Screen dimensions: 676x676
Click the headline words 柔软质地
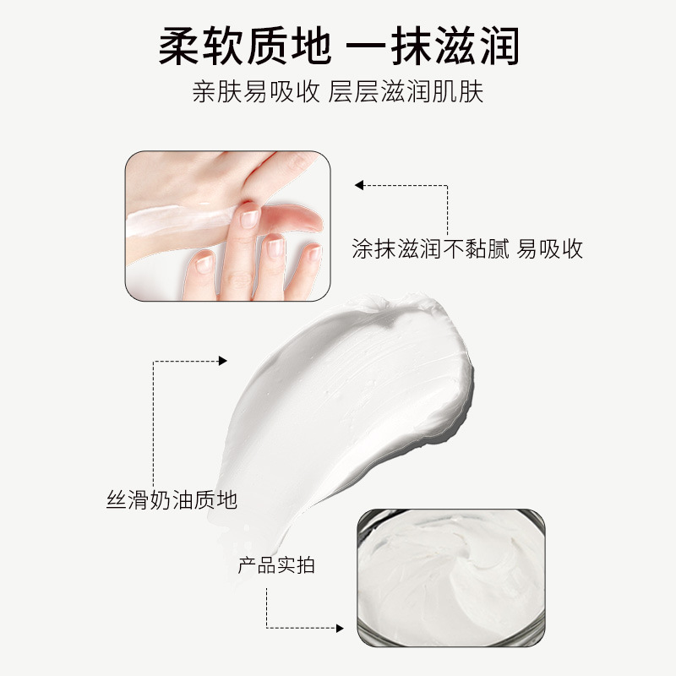[x=245, y=46]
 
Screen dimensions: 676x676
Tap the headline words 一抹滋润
[x=433, y=46]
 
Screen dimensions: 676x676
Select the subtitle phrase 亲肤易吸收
[x=256, y=91]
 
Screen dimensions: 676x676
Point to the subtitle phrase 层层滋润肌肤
[x=406, y=91]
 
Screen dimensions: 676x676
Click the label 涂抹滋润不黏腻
[x=431, y=248]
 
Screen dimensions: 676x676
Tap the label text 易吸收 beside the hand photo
[x=550, y=248]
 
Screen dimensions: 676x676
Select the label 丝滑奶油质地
[x=172, y=500]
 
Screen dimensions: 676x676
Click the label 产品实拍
[x=276, y=565]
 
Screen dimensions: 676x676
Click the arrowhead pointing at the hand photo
[x=358, y=185]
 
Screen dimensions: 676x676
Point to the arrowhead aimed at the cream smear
[x=222, y=361]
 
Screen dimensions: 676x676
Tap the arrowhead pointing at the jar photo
[x=340, y=628]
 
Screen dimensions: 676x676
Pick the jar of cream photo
[x=451, y=578]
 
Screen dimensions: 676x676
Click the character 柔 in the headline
[x=179, y=46]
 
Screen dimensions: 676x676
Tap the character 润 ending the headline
[x=499, y=46]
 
